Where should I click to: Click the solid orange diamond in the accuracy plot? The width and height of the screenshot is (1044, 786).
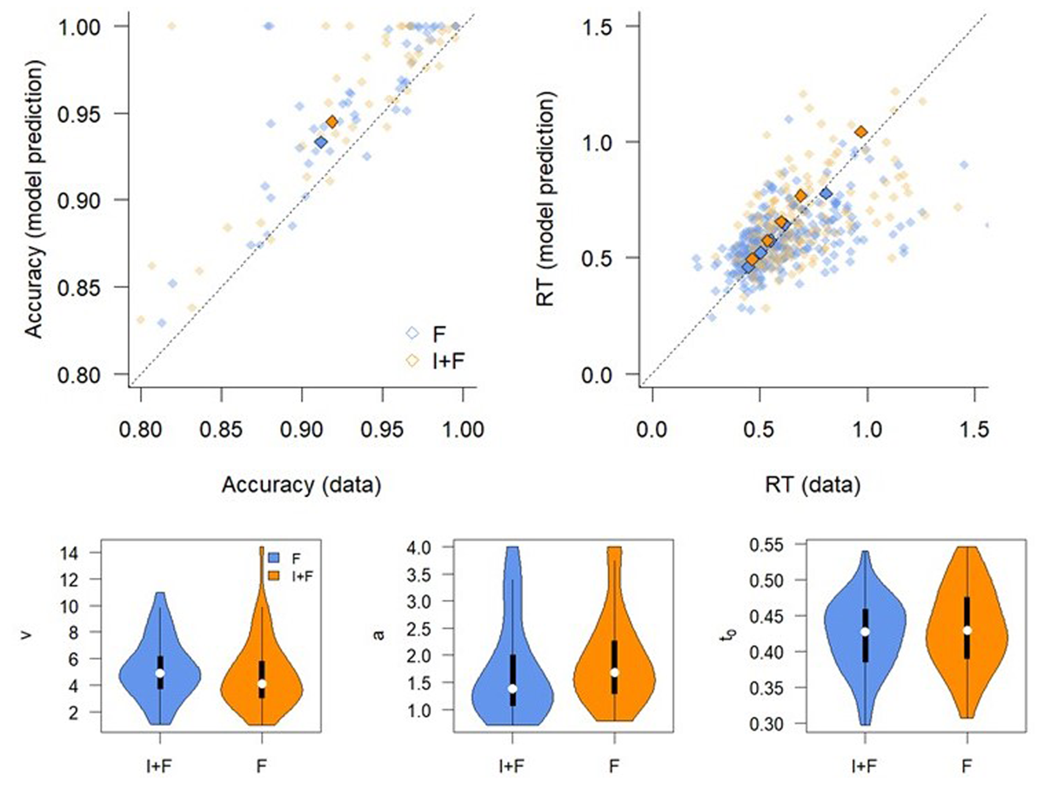click(x=331, y=122)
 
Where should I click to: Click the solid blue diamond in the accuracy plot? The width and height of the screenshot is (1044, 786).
click(x=321, y=142)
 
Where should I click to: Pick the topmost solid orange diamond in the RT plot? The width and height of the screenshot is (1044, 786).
click(x=860, y=131)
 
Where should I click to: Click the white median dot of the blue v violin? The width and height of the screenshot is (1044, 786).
click(x=160, y=673)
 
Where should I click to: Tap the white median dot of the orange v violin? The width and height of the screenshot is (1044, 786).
click(x=262, y=684)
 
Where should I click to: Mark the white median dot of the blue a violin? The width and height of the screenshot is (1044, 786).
click(x=512, y=689)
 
